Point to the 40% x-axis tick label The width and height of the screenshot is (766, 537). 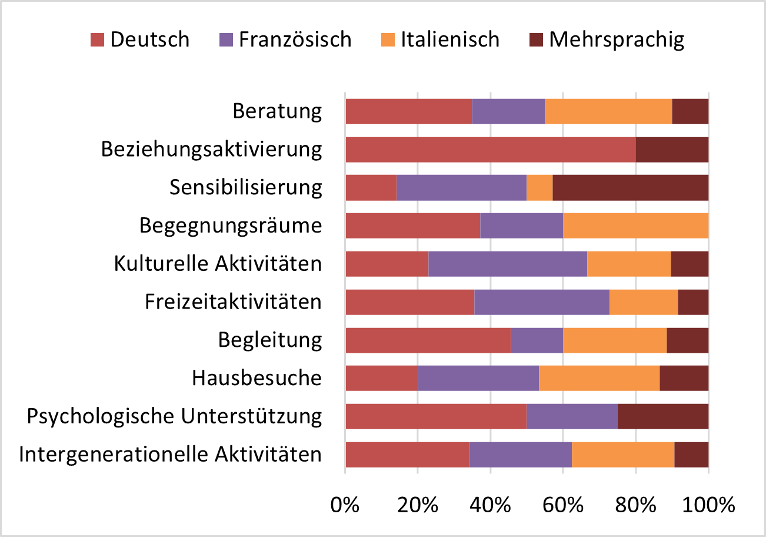click(x=491, y=506)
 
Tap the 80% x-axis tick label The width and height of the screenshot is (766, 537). click(x=636, y=506)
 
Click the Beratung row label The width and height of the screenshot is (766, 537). click(x=277, y=111)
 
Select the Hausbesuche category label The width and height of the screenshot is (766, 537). click(x=257, y=378)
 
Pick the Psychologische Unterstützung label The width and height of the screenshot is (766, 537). click(x=175, y=416)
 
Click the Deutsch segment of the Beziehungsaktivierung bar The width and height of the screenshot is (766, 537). click(x=490, y=150)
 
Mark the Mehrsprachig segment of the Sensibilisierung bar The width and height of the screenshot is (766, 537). click(x=630, y=188)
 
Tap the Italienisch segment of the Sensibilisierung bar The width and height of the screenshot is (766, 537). click(x=539, y=188)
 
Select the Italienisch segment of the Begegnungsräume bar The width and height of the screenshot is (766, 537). click(x=635, y=226)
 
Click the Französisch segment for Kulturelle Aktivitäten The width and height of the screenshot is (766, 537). click(x=508, y=264)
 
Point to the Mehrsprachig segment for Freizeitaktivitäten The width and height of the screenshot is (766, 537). click(x=693, y=302)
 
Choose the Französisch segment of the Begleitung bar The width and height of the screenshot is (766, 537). click(x=537, y=340)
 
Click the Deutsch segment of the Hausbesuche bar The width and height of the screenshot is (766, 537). click(x=381, y=378)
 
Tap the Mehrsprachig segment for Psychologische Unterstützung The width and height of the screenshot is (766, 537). click(x=663, y=416)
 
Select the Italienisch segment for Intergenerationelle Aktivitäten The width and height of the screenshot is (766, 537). click(x=623, y=455)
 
